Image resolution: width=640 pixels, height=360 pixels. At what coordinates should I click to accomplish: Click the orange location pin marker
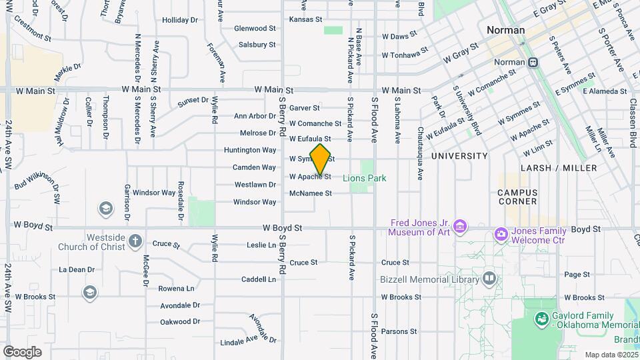click(321, 160)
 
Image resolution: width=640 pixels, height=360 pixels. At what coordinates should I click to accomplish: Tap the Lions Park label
click(365, 178)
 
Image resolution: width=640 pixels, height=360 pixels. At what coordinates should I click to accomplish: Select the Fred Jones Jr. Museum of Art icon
click(459, 227)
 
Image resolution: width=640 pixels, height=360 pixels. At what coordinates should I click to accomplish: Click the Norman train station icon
click(533, 62)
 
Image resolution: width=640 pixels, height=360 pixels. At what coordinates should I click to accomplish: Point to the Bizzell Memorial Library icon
click(490, 278)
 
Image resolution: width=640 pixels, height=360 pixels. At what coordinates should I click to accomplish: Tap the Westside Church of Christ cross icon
click(135, 239)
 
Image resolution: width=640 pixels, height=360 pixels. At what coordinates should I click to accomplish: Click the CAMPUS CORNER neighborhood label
click(517, 197)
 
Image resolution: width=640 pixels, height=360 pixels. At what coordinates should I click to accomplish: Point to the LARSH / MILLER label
click(559, 168)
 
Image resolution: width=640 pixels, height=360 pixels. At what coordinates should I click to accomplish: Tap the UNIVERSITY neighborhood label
click(459, 155)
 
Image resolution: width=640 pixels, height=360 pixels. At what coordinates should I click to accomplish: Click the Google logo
click(22, 351)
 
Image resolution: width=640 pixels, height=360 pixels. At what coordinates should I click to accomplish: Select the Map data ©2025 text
click(610, 355)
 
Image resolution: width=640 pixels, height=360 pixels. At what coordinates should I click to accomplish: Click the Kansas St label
click(305, 19)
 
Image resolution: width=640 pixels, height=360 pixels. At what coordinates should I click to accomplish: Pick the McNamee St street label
click(310, 193)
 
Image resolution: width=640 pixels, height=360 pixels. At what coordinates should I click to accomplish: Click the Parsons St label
click(399, 331)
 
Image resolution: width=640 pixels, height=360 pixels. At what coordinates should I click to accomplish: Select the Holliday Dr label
click(180, 20)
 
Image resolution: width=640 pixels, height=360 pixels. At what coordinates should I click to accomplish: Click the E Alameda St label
click(605, 91)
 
